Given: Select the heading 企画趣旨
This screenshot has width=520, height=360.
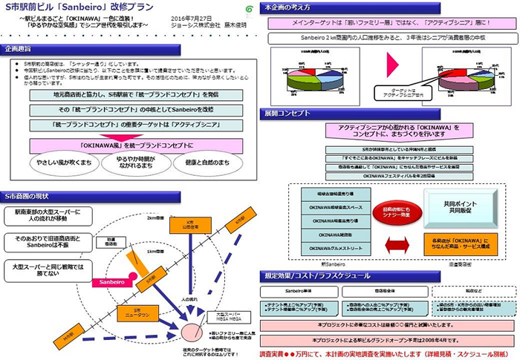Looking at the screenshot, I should click(22, 49).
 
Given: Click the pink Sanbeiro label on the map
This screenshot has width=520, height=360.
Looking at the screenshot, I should click(110, 283).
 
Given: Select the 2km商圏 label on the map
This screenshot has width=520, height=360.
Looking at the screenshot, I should click(155, 218).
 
